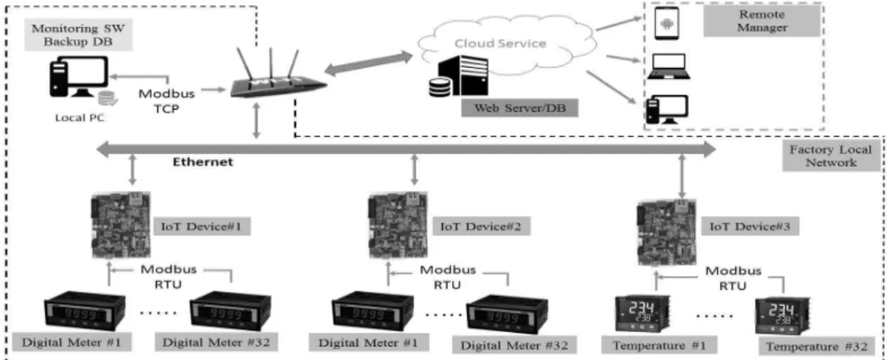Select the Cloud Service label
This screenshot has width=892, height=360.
click(x=500, y=44)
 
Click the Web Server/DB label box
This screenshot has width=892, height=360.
click(x=518, y=107)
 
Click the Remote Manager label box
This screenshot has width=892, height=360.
click(x=761, y=21)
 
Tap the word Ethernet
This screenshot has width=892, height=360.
click(x=203, y=162)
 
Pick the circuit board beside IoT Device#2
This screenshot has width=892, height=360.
click(x=398, y=226)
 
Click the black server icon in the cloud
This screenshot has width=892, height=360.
click(x=466, y=75)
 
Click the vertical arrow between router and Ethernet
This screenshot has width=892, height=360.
click(x=257, y=122)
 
